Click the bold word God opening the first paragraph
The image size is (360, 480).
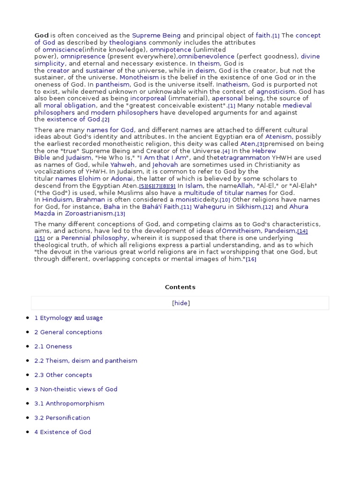(41, 36)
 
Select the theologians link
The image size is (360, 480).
(128, 43)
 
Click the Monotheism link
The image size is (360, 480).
(139, 78)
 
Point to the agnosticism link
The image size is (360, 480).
(276, 92)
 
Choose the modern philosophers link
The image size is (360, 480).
(118, 113)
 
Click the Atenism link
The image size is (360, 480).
(279, 137)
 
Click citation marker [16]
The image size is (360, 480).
(251, 260)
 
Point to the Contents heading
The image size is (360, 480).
(180, 287)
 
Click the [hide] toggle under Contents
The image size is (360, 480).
(181, 303)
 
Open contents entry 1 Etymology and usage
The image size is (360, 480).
(68, 318)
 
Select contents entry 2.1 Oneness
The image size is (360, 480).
(53, 347)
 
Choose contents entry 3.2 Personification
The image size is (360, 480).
(62, 418)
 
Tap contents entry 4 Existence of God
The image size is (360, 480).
(63, 432)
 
